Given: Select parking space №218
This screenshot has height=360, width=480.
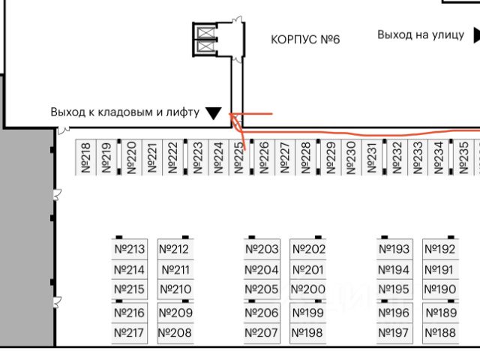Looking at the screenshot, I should tap(85, 158).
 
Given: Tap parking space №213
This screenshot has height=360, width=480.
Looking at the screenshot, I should tap(129, 249).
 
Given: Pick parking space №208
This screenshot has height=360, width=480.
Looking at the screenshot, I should tap(175, 333).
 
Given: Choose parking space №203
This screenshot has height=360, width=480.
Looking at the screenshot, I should tap(262, 249).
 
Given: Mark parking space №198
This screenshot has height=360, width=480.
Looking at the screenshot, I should tap(307, 333).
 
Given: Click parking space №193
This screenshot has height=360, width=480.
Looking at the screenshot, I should tap(394, 249).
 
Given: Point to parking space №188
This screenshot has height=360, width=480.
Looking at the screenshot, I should tap(440, 333).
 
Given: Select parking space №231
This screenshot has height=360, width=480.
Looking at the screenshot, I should tap(371, 158).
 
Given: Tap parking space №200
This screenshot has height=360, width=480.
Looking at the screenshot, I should tap(307, 289).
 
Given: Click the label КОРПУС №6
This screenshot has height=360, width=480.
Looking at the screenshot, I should tap(305, 39).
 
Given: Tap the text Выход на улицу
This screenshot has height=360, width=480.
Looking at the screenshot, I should tap(421, 34).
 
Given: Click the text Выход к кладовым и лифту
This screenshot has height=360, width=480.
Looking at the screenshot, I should tap(125, 112).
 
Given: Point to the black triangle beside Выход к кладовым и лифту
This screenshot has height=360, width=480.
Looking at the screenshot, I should tap(213, 113).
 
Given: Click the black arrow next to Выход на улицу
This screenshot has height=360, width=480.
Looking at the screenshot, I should tap(476, 34).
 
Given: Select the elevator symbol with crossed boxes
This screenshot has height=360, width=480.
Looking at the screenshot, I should tap(205, 38).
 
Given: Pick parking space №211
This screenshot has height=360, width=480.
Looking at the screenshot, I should tap(176, 270).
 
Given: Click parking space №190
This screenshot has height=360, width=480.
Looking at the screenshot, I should tap(440, 289).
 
